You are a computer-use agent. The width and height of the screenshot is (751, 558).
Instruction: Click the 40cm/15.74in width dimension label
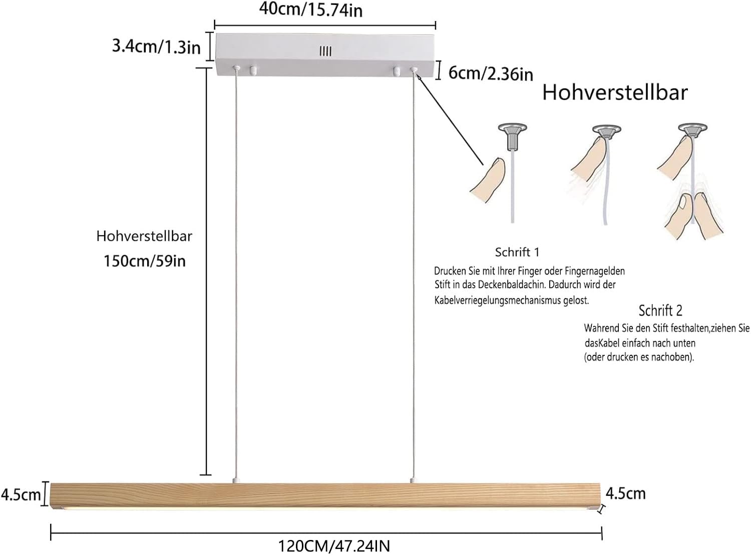point(311,10)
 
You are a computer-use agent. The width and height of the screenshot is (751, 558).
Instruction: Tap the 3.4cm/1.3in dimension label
point(156,47)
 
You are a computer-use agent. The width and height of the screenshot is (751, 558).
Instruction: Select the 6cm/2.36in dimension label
point(491,74)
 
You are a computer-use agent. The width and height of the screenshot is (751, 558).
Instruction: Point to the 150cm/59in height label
point(145,261)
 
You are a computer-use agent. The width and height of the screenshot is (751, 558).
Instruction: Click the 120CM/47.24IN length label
point(334,546)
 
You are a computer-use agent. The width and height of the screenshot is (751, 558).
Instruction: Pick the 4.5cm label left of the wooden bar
point(21,494)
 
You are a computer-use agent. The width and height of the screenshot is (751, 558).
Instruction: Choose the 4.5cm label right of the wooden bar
point(626,493)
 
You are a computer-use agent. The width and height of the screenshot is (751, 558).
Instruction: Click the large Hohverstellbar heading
point(615,93)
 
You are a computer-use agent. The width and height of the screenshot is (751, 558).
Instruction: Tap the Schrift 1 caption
point(517,252)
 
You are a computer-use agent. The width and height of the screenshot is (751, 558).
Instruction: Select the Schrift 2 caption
point(660,310)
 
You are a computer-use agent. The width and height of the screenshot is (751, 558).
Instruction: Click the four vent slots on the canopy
point(325,51)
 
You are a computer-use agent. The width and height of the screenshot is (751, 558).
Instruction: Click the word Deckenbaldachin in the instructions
point(511,285)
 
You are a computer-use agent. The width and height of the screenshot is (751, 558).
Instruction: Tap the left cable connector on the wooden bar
point(235,480)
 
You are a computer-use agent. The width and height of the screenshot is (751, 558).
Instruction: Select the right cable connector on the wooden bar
point(413,480)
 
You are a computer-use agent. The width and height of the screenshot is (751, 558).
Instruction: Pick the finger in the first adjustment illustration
point(488,180)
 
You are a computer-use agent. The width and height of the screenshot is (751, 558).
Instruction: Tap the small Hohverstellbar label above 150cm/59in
point(144,236)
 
